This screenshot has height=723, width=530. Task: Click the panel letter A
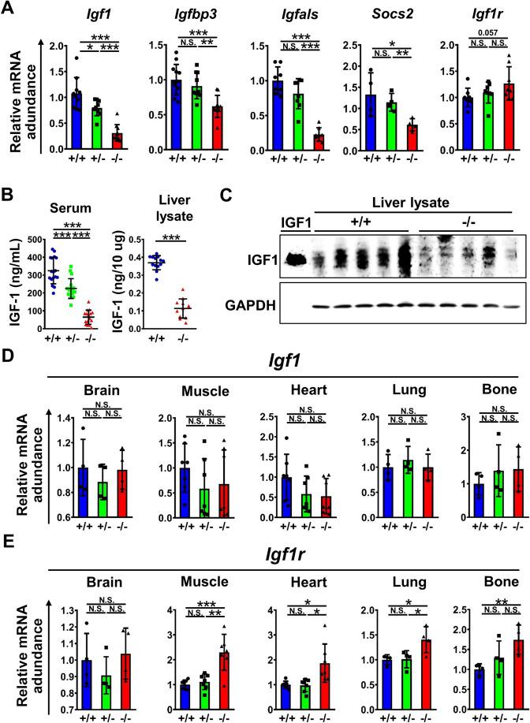pos(10,10)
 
